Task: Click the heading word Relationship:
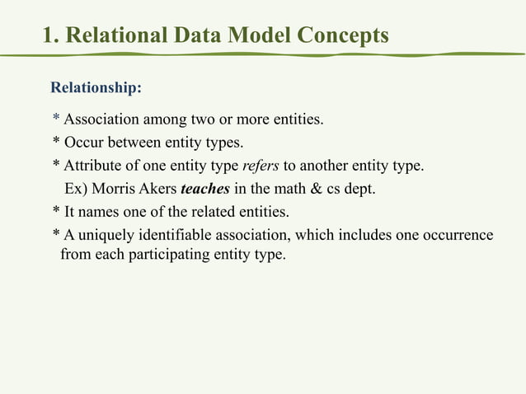96,87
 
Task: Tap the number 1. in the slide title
51,35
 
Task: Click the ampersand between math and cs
315,188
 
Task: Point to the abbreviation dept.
360,188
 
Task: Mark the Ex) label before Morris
77,188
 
